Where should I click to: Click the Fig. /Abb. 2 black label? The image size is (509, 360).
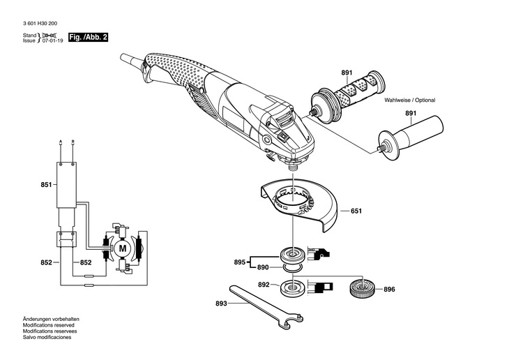[88, 37]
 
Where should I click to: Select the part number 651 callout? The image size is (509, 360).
[356, 211]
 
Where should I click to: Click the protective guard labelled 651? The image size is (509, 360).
[298, 204]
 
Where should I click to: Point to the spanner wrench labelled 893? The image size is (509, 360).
[266, 307]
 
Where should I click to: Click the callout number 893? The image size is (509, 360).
[221, 303]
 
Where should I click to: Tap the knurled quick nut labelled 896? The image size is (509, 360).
[362, 287]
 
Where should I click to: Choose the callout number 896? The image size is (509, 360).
[389, 289]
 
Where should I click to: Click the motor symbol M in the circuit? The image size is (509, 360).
[123, 248]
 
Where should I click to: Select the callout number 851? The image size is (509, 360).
[46, 185]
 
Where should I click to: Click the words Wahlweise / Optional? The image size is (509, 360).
[410, 100]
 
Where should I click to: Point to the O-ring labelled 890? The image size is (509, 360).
[292, 267]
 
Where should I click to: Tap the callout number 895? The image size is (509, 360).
[240, 262]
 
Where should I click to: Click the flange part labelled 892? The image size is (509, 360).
[293, 287]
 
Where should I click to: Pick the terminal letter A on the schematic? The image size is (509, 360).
[61, 141]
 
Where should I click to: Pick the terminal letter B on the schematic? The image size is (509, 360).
[73, 141]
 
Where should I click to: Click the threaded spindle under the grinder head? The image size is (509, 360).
[293, 167]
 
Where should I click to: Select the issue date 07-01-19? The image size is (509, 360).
[52, 41]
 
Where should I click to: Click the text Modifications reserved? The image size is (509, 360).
[48, 325]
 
